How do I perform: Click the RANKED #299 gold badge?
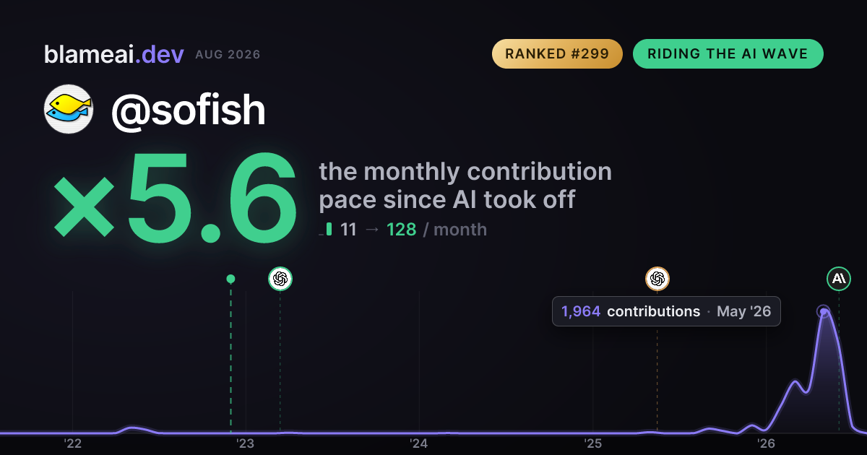[557, 53]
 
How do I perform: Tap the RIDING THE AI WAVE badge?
[728, 53]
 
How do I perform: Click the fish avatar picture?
[69, 109]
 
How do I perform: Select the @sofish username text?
[189, 110]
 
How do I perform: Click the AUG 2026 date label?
[228, 55]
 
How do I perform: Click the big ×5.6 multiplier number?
[175, 197]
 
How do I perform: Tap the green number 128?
[402, 230]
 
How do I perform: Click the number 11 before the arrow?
[348, 230]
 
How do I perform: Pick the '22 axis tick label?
[72, 443]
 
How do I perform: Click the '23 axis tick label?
[246, 443]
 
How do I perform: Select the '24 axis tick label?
[419, 443]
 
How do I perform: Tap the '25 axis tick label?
[592, 443]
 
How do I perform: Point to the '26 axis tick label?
[766, 443]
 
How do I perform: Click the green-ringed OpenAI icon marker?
[280, 279]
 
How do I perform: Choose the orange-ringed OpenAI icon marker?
[657, 279]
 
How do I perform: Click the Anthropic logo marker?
[839, 279]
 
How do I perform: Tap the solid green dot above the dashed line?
[230, 279]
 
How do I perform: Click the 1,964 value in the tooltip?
[581, 311]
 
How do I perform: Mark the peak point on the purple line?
[824, 311]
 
